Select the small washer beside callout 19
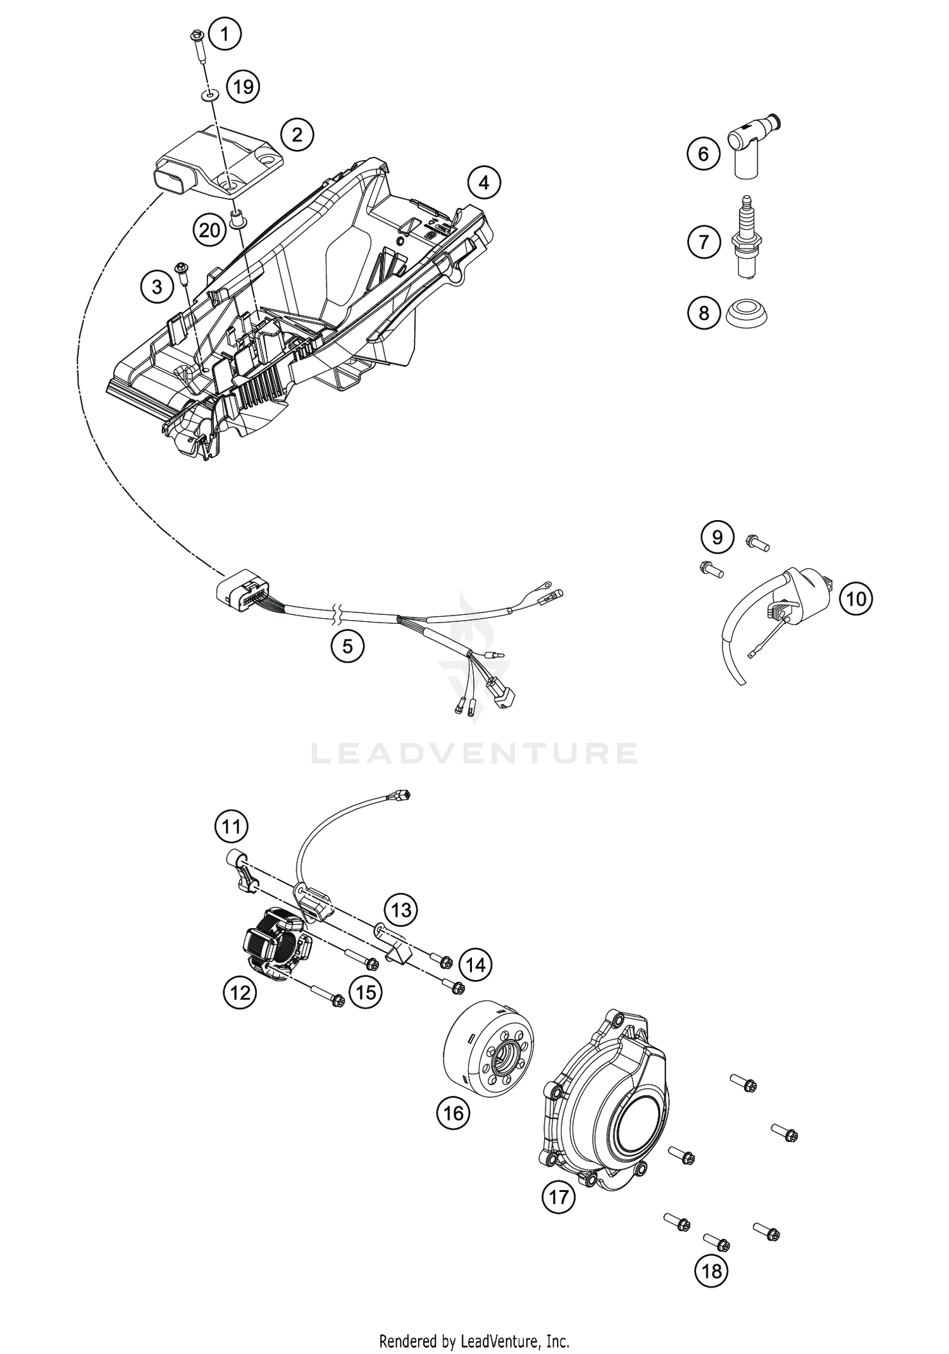click(x=208, y=94)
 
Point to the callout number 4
click(x=484, y=183)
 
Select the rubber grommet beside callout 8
click(x=748, y=313)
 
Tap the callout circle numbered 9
click(x=717, y=537)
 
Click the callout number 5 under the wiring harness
click(x=347, y=646)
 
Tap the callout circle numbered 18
click(x=711, y=1270)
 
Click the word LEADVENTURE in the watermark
click(x=475, y=753)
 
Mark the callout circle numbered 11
click(x=231, y=826)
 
